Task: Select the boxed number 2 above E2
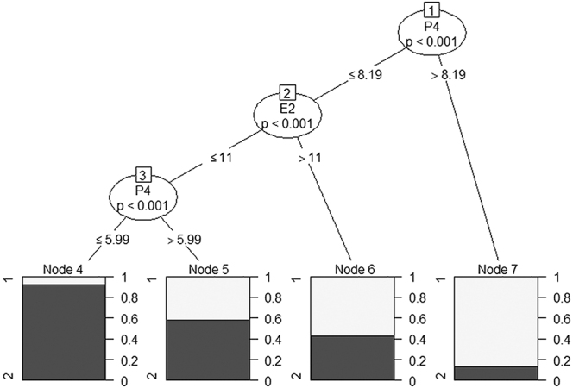(288, 93)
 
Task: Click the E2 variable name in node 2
(288, 110)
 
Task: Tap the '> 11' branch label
(309, 159)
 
